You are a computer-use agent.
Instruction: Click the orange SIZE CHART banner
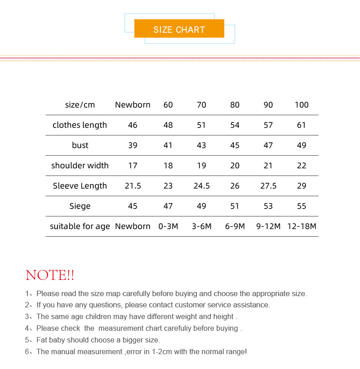click(179, 29)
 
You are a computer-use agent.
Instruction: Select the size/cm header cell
click(80, 105)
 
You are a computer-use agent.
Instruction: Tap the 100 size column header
click(302, 105)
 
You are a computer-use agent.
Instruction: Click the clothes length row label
click(80, 125)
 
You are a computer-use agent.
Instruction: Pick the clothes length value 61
click(302, 125)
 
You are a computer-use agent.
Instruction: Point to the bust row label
click(80, 145)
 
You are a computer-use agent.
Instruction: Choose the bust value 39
click(133, 145)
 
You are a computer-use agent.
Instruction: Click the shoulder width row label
click(80, 166)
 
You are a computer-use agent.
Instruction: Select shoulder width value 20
click(235, 166)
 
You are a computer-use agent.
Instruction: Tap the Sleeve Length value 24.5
click(201, 186)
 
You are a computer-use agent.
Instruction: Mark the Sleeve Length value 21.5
click(133, 186)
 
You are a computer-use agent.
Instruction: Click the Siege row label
click(80, 206)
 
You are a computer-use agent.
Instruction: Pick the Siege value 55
click(302, 206)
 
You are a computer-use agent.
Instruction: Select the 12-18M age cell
click(302, 226)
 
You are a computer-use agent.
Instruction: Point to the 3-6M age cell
click(201, 226)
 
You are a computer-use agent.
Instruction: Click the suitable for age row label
click(80, 226)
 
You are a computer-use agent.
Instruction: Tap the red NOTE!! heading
click(50, 275)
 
